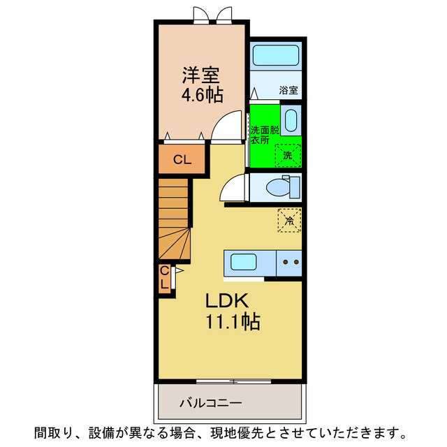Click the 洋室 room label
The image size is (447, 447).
pos(203,74)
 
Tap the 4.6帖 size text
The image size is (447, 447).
pos(203,94)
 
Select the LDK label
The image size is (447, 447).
pos(227,301)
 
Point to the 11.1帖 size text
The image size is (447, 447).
pos(232,322)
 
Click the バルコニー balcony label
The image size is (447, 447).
pos(210,403)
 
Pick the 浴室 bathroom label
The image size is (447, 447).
pos(288,90)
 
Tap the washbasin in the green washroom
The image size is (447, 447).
pos(292,120)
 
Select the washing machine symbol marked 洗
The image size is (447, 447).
pos(288,154)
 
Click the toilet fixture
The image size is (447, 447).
pos(283,186)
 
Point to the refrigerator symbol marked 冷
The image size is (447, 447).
pos(289,220)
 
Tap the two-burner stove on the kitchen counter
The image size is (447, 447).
pos(290,263)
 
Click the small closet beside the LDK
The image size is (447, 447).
pos(164,278)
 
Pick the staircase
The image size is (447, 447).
pos(174,218)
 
